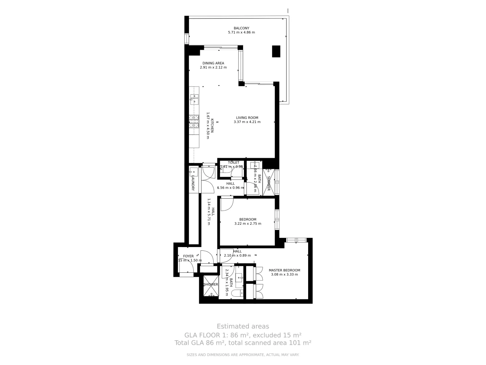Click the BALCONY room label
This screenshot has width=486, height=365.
241,28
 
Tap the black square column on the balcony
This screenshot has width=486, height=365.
276,51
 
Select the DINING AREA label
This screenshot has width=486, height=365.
213,63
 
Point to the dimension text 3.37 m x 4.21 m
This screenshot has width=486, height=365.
247,122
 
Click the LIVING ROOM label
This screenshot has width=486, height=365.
247,118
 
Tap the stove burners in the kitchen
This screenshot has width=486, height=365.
194,121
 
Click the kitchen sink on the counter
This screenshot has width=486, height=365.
194,98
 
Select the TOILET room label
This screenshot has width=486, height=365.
234,163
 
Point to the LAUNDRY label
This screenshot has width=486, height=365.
193,183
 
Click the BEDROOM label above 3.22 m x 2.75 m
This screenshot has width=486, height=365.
248,219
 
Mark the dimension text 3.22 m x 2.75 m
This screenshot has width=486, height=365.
248,223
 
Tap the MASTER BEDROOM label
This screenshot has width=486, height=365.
284,270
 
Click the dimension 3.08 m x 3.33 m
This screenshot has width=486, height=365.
284,274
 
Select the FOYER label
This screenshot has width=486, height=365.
188,256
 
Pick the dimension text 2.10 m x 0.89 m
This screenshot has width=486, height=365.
237,255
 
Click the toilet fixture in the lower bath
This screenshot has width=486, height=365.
238,293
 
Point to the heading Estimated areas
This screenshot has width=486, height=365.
243,326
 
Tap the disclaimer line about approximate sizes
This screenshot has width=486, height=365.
243,355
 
